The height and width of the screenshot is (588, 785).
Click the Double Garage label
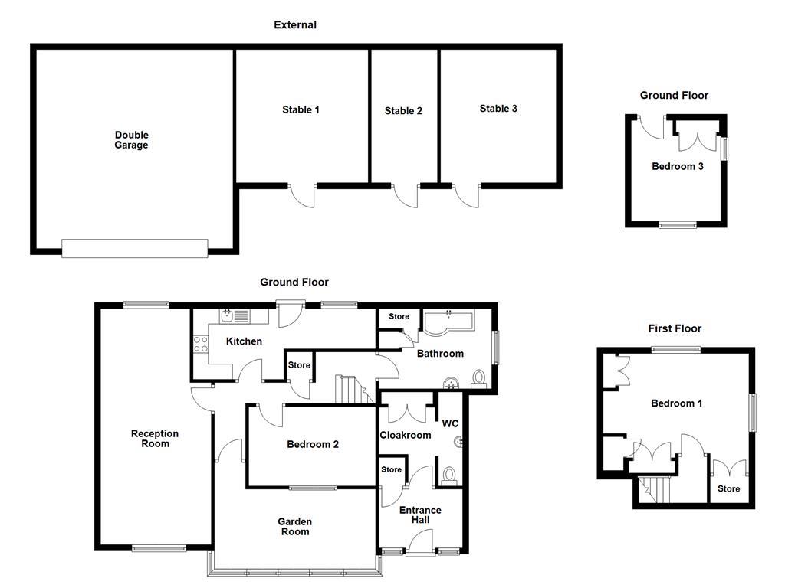tap(131, 140)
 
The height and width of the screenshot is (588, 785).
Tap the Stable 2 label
tap(403, 111)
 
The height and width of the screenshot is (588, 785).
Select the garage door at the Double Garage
tap(134, 248)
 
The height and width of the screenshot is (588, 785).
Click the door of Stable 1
tap(303, 194)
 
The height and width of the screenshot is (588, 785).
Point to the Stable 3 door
tap(467, 194)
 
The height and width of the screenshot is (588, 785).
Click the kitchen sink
tap(234, 315)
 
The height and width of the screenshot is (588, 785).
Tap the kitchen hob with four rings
tap(201, 345)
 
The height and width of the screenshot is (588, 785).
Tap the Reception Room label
tap(155, 439)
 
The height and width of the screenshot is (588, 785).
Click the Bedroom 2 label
tap(313, 444)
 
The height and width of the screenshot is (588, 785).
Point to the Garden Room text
tap(295, 527)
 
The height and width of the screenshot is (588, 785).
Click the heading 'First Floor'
tap(675, 328)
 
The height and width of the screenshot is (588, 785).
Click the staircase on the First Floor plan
tap(653, 488)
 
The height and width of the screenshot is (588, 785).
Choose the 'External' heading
tap(295, 25)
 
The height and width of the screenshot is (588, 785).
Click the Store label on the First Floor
tap(729, 488)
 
